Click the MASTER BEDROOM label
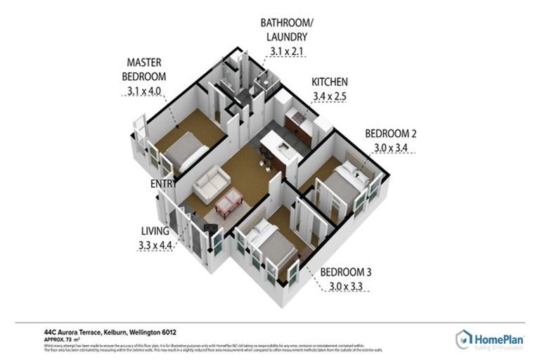146,69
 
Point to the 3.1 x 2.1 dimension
286,51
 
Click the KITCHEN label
329,82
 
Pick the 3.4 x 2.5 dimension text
329,96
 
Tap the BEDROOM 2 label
391,134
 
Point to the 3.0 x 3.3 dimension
348,286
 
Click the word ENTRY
164,184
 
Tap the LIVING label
154,231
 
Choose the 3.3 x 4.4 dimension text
155,245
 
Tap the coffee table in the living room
229,202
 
